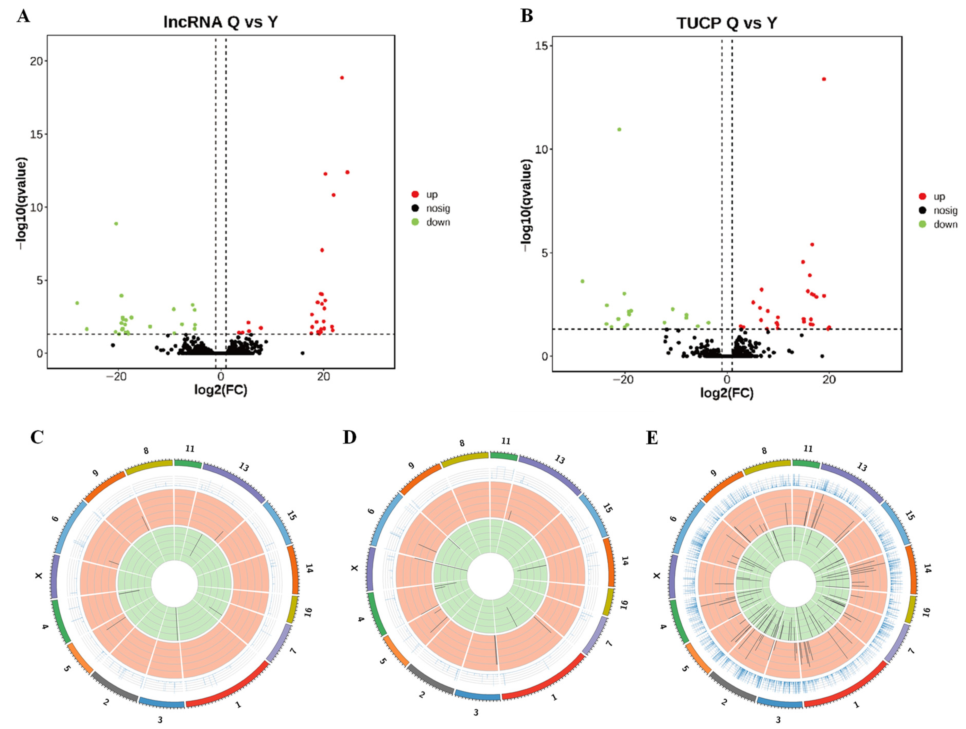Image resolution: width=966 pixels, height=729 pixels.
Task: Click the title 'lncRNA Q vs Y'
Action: (x=221, y=22)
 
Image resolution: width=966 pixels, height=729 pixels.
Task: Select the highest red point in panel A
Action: (x=342, y=78)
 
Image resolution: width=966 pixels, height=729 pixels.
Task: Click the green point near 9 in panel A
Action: (x=116, y=224)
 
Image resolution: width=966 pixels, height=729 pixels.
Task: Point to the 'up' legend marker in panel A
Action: (x=415, y=194)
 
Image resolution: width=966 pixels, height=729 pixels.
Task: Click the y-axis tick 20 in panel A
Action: (x=37, y=61)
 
